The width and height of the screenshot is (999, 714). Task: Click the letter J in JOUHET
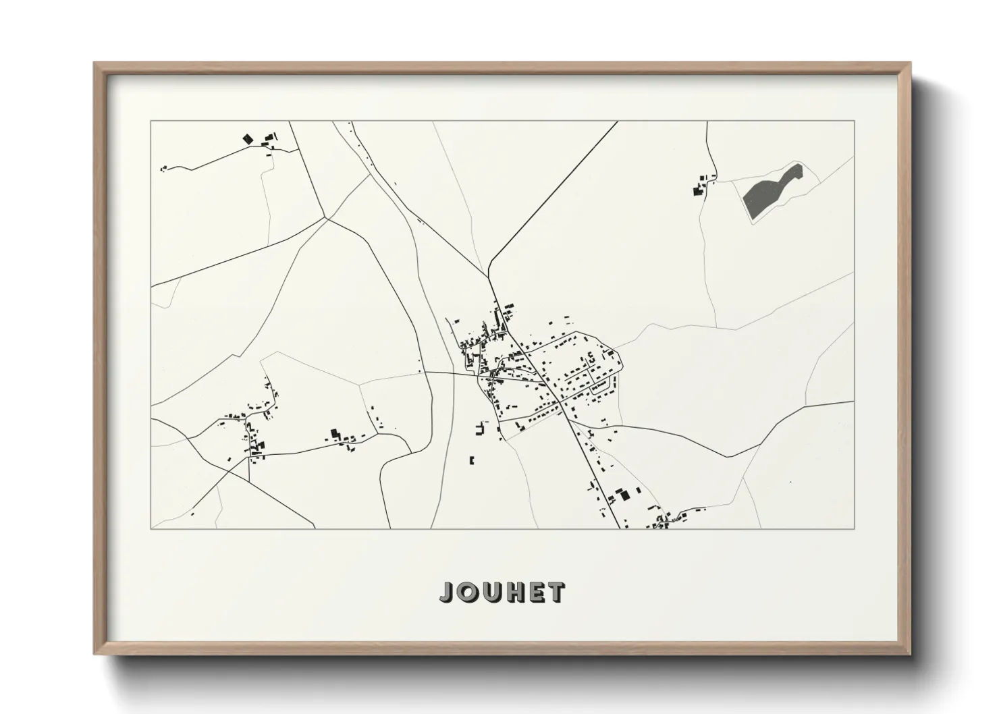point(448,592)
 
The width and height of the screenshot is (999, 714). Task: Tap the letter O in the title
point(468,592)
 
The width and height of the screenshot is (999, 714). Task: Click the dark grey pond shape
point(769,191)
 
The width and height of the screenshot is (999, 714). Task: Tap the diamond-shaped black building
point(247,138)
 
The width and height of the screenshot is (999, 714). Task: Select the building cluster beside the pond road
point(701,186)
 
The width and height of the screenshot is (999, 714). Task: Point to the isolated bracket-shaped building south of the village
point(472,460)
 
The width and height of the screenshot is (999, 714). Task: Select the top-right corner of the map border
point(854,121)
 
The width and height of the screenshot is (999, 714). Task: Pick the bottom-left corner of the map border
point(151,528)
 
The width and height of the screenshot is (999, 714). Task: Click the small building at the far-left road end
point(163,169)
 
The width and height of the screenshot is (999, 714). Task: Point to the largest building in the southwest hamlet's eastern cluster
point(333,433)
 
